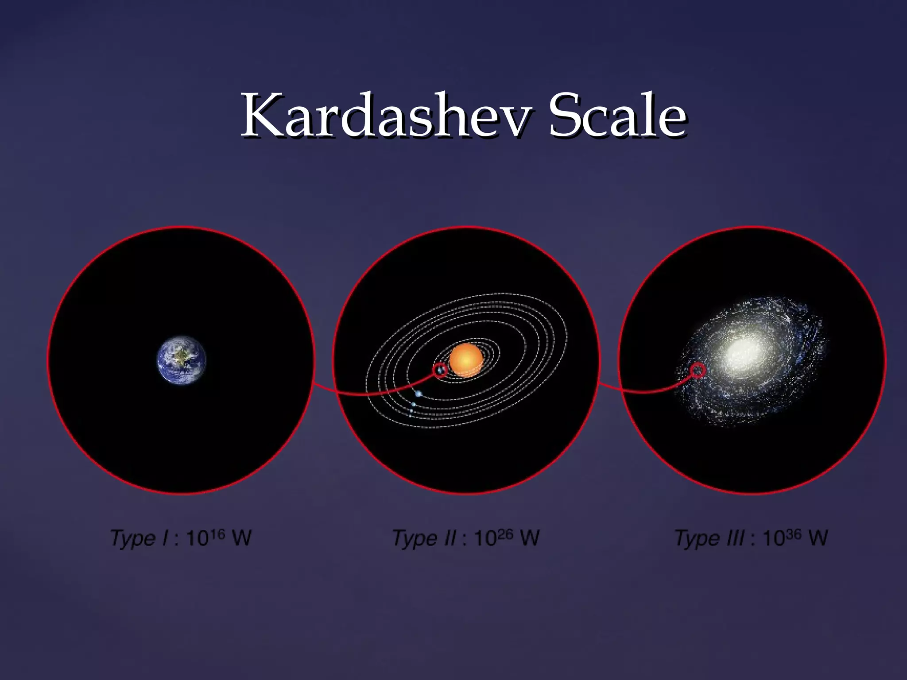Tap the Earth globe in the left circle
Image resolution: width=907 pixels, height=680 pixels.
click(x=182, y=360)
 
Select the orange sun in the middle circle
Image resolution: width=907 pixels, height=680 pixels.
click(x=466, y=360)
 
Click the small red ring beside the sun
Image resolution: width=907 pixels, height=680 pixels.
click(x=440, y=370)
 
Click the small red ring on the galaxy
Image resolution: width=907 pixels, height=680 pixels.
click(x=698, y=370)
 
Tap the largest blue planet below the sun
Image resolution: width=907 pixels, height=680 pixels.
click(x=419, y=394)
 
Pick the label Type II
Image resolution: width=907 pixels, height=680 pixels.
click(x=424, y=539)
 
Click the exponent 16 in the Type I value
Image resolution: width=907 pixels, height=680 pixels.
click(x=217, y=534)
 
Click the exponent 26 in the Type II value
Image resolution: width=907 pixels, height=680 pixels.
click(x=505, y=534)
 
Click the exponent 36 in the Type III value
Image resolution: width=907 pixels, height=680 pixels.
click(x=793, y=534)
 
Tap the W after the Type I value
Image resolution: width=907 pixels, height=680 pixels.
click(x=242, y=538)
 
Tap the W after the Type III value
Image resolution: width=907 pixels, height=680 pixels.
click(x=818, y=538)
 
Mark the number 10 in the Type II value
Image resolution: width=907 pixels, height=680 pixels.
click(x=485, y=539)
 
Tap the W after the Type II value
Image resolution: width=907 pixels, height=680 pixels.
click(x=530, y=538)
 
